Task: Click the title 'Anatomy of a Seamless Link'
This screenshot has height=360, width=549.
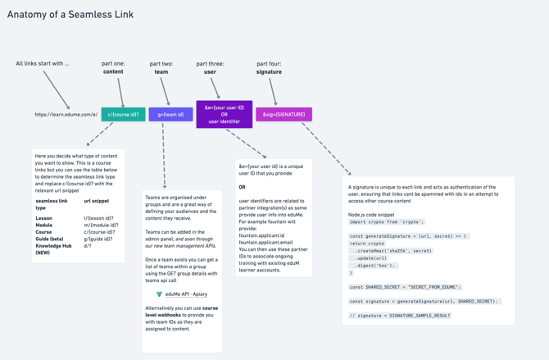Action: point(70,15)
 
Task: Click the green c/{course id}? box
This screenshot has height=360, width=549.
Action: point(123,115)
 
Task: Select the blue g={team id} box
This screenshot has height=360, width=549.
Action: point(170,115)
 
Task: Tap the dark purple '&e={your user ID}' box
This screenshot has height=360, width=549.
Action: point(225,115)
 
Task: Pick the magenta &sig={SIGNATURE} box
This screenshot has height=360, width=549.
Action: point(284,115)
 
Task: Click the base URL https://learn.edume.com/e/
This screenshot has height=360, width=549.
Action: point(66,115)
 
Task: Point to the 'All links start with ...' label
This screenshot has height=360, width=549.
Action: point(43,63)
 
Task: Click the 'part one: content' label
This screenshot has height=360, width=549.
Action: point(113,67)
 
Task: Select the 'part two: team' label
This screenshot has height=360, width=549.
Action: point(161,67)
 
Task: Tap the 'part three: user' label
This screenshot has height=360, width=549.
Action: point(210,67)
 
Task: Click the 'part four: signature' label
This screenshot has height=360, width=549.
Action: point(269,67)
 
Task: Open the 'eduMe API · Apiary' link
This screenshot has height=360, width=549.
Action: point(186,294)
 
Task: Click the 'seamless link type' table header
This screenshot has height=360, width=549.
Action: point(52,204)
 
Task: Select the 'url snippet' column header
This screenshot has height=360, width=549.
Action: point(97,201)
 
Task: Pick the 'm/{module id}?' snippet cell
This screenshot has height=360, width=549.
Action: point(101,226)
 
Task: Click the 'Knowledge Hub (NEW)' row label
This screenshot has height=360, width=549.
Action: point(53,249)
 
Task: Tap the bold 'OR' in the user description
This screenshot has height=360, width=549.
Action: point(243,187)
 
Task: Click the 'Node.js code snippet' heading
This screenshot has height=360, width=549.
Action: point(371,214)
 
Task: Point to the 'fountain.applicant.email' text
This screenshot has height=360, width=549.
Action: point(265,243)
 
